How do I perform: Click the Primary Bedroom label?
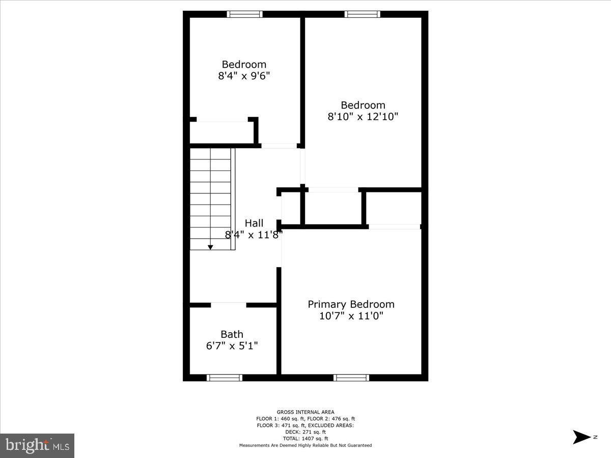click(351, 304)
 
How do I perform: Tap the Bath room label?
click(232, 334)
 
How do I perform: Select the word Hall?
click(254, 223)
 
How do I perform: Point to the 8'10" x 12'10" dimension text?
click(363, 117)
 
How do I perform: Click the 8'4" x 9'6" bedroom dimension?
click(244, 76)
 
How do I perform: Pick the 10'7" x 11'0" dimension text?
click(351, 316)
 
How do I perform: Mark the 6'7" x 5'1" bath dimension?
click(232, 346)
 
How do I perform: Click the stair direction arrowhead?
click(210, 247)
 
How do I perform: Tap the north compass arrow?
click(581, 437)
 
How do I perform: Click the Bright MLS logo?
click(37, 445)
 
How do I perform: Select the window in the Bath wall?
click(225, 378)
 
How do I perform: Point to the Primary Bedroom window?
click(351, 378)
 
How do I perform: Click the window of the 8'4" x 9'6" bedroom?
click(245, 14)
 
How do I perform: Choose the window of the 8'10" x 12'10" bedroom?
click(363, 14)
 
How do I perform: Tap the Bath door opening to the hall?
click(229, 305)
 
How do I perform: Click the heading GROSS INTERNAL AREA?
click(305, 412)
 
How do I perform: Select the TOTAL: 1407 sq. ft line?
click(305, 439)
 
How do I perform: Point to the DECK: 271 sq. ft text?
click(305, 432)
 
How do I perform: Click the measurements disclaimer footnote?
click(305, 445)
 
